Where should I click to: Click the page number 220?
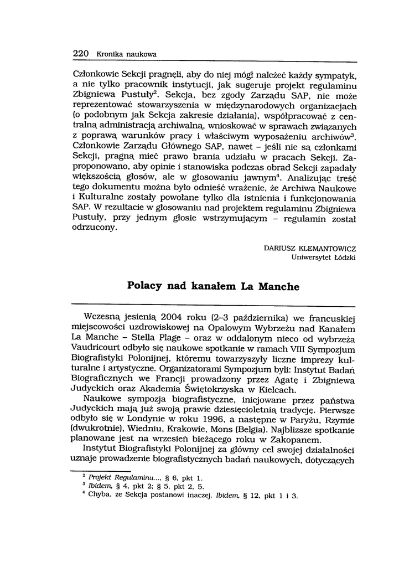pos(81,54)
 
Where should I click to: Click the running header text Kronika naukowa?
pos(126,54)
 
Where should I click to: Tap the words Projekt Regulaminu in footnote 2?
pos(117,477)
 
